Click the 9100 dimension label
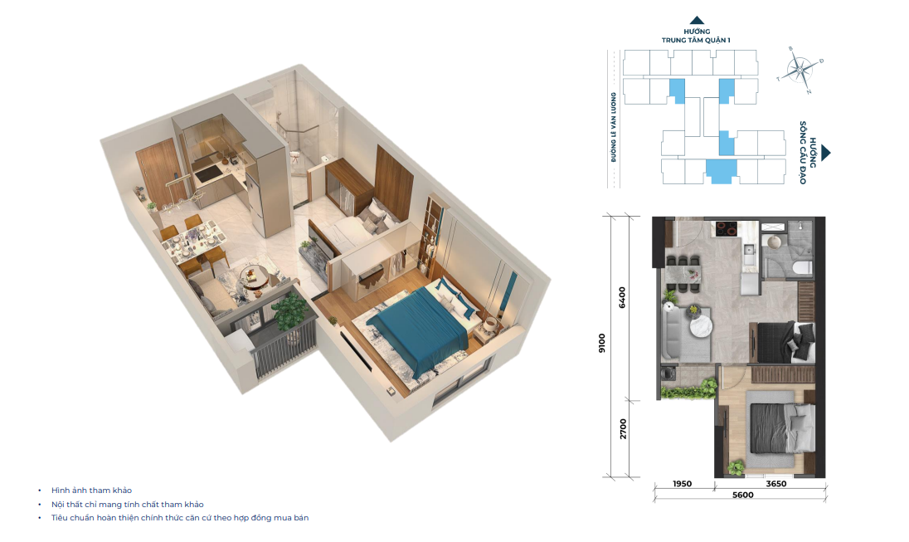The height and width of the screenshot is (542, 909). point(602,343)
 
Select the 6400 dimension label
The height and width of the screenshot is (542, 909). point(622,297)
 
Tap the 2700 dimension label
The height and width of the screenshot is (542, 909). point(623,429)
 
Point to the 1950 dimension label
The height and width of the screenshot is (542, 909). point(683,483)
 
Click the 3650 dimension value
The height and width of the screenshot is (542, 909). point(775,483)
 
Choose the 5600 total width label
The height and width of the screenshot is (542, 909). point(742,495)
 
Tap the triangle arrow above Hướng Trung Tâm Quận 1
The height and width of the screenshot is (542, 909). point(697,20)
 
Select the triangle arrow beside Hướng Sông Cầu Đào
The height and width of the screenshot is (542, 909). point(825,154)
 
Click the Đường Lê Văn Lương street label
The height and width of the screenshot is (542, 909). point(614,127)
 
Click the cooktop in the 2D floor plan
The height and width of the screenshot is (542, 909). point(727,228)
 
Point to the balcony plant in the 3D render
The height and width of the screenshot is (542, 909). point(289,311)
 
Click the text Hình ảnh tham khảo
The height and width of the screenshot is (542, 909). point(91,491)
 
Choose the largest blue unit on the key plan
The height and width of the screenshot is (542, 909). point(721,171)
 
